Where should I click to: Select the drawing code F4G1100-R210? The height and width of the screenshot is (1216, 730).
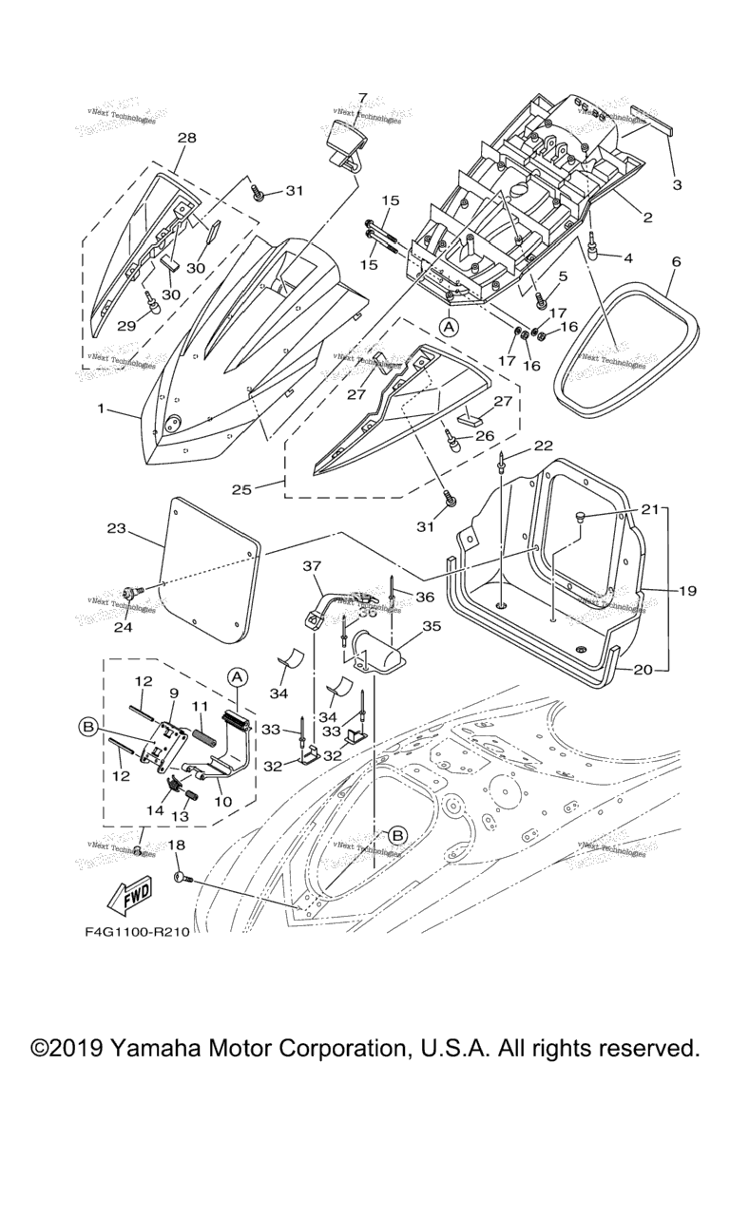pyautogui.click(x=137, y=931)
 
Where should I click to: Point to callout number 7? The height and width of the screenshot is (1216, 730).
pyautogui.click(x=362, y=97)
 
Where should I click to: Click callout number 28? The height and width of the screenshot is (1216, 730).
pyautogui.click(x=186, y=138)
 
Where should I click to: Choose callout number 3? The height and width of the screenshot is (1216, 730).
pyautogui.click(x=677, y=184)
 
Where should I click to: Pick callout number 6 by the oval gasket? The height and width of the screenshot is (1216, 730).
pyautogui.click(x=676, y=259)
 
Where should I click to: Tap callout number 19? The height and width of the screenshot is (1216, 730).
pyautogui.click(x=687, y=590)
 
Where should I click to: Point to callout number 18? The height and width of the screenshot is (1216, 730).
pyautogui.click(x=176, y=845)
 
